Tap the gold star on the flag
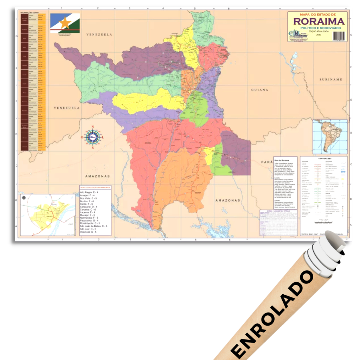(65, 23)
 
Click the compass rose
(93, 137)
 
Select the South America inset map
(330, 137)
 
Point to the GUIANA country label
(259, 90)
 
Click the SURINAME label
(331, 80)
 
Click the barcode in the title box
(339, 36)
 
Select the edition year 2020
(319, 34)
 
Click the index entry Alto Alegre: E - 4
(90, 193)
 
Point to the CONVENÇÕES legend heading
(323, 159)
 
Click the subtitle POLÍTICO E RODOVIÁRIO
(318, 28)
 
